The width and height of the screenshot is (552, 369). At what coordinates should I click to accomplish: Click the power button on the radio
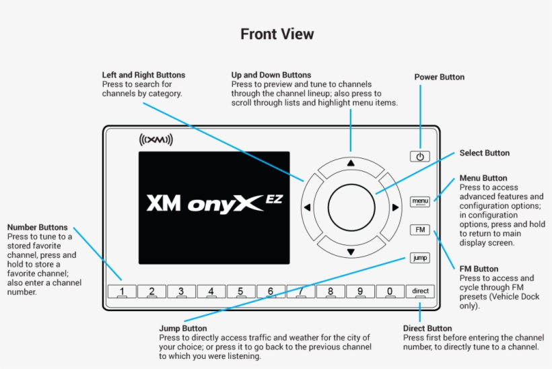(419, 156)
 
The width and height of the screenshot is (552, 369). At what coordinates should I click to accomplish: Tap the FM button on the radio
(420, 230)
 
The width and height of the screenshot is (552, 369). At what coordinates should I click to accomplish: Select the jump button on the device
(419, 258)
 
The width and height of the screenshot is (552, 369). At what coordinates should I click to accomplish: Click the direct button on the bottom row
(420, 292)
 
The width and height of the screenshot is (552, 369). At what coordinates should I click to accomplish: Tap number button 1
(122, 292)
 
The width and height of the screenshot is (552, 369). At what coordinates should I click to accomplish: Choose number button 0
(390, 292)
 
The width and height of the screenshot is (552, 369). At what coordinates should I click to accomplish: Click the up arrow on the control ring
(350, 163)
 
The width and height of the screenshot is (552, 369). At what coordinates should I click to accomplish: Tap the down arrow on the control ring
(350, 253)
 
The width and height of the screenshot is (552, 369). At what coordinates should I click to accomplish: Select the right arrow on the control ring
(395, 207)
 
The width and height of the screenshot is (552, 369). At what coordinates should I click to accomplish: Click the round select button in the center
(350, 207)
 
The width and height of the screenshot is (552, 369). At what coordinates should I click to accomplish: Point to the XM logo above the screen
(156, 140)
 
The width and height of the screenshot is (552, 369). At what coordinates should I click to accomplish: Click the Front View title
(277, 34)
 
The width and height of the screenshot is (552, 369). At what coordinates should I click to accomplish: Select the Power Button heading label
(439, 77)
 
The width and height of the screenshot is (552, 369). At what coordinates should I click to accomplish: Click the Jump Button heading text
(182, 329)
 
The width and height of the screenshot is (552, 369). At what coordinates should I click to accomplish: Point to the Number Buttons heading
(37, 228)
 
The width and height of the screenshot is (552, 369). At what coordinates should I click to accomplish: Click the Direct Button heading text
(427, 329)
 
